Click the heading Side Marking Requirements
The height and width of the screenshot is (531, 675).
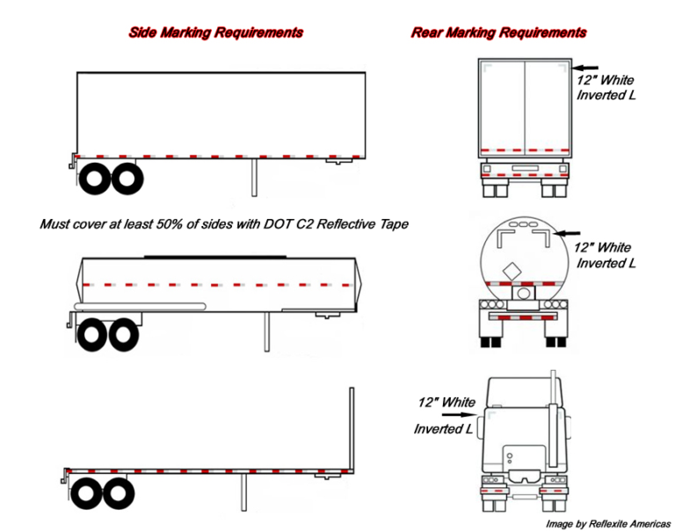[215, 33]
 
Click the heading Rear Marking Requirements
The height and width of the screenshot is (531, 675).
[498, 33]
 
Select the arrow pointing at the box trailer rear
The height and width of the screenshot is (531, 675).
[587, 66]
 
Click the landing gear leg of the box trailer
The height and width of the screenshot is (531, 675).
[256, 177]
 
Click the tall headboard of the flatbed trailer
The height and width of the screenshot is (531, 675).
[352, 426]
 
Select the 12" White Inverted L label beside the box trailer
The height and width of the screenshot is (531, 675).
[605, 87]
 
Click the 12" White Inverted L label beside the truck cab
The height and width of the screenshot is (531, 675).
[446, 415]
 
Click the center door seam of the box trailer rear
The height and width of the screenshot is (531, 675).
[524, 105]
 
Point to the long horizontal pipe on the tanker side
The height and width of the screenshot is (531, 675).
[141, 305]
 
